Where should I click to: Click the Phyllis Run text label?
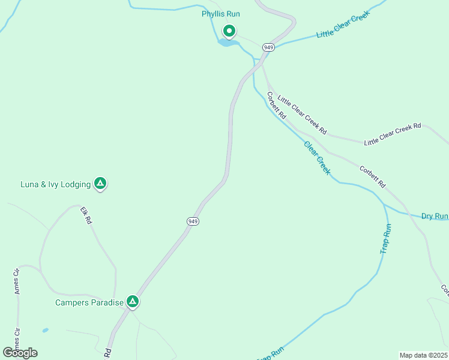[220, 14]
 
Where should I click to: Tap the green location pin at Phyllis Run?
[229, 31]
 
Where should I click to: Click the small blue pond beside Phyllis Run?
[226, 43]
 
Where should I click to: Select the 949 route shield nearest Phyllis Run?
[268, 47]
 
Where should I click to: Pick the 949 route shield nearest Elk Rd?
[193, 221]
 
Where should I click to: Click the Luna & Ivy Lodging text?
[55, 184]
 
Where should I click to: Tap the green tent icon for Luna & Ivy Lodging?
[100, 183]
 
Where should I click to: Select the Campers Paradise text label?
[89, 302]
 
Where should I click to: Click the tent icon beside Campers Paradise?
[133, 301]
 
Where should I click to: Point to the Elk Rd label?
[86, 215]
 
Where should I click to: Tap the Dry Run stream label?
[434, 216]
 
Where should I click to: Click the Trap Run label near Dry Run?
[387, 238]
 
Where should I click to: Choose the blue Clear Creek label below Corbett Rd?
[317, 158]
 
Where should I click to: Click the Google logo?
[20, 352]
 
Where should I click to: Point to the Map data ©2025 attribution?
[423, 355]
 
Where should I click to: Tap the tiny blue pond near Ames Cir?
[46, 329]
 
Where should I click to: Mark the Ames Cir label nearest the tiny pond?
[17, 338]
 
